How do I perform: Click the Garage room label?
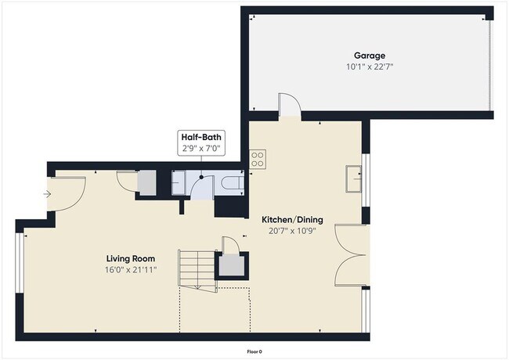tap(369, 56)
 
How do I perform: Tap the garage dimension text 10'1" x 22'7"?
tap(369, 67)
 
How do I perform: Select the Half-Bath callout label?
tap(200, 135)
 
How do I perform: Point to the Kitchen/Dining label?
tap(291, 220)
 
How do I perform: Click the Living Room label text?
tap(131, 258)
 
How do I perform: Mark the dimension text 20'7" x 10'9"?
tap(291, 231)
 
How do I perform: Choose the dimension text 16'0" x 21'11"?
tap(131, 270)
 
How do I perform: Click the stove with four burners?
tap(258, 160)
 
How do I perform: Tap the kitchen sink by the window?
tap(354, 179)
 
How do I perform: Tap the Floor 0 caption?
tap(254, 351)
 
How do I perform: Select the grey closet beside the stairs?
tap(232, 266)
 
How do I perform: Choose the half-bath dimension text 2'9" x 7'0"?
tap(200, 146)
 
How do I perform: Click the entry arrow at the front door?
tap(48, 193)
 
